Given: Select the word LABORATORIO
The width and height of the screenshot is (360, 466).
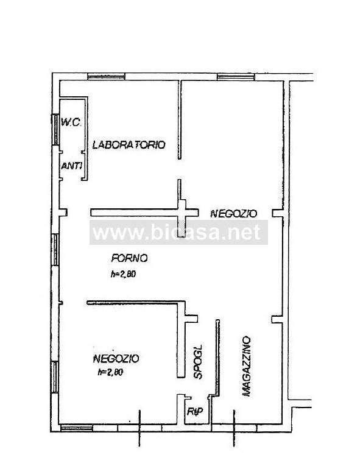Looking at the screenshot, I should coord(129,145).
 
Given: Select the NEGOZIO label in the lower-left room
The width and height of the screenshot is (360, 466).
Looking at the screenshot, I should coord(117,358).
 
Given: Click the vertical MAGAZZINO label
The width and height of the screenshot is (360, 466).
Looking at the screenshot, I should coord(247,365).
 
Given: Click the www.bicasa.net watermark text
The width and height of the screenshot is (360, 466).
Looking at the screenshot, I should coord(179,232).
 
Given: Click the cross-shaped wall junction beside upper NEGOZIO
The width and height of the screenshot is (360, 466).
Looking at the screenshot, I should coord(181,212).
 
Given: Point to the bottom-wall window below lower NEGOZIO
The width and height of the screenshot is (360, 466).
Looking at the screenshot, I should coord(78,428).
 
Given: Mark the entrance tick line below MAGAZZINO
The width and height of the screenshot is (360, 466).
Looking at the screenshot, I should coord(234,429).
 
